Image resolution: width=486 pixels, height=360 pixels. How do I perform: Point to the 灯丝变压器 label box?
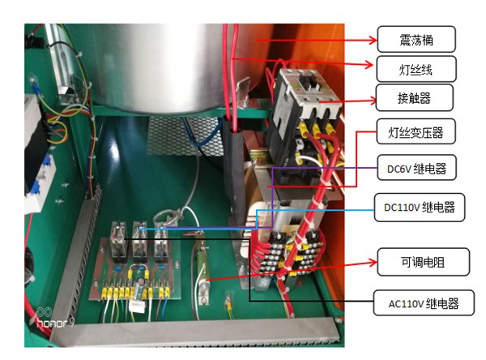416,132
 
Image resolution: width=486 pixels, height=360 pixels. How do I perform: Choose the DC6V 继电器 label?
416,169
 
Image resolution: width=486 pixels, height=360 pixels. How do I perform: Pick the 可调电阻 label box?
416,262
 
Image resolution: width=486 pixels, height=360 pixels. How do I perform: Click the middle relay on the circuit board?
140,240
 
